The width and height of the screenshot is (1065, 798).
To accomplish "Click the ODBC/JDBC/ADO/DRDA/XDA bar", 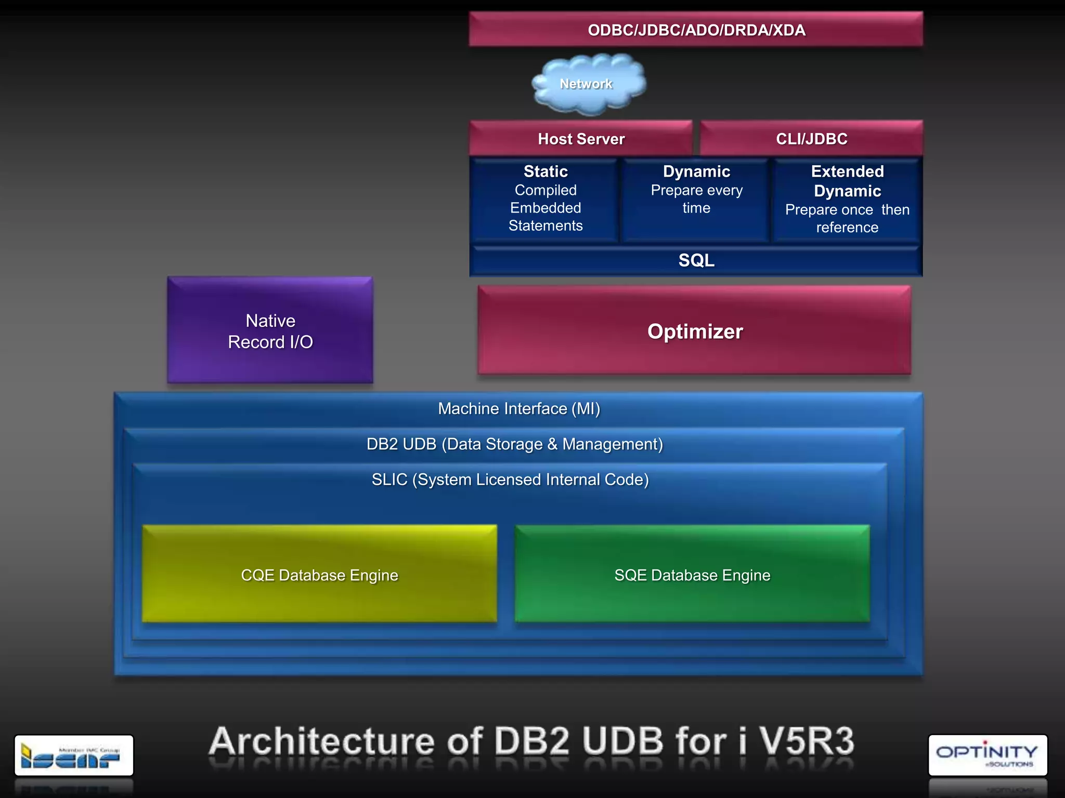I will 696,30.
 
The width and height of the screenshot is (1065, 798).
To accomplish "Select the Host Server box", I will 581,139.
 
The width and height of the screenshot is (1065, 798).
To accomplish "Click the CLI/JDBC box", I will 811,139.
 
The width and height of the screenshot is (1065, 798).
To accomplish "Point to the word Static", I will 546,171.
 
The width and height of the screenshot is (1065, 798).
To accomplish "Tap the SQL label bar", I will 696,260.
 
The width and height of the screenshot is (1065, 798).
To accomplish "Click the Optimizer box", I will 695,331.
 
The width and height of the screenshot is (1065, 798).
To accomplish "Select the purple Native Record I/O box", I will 270,331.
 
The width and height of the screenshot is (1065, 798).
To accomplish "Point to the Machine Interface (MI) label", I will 519,409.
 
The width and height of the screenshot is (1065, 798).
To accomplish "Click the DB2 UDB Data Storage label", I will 515,444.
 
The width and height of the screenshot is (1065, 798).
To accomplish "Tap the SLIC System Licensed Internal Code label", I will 510,480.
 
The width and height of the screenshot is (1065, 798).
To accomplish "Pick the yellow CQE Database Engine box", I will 319,575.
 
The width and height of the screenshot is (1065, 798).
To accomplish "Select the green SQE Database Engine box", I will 692,575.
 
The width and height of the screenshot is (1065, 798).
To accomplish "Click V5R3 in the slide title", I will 807,741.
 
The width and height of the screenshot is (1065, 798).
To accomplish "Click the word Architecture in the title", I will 321,741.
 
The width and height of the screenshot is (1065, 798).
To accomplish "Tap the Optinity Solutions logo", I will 988,755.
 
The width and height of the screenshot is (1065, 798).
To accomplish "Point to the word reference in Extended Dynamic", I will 847,228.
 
